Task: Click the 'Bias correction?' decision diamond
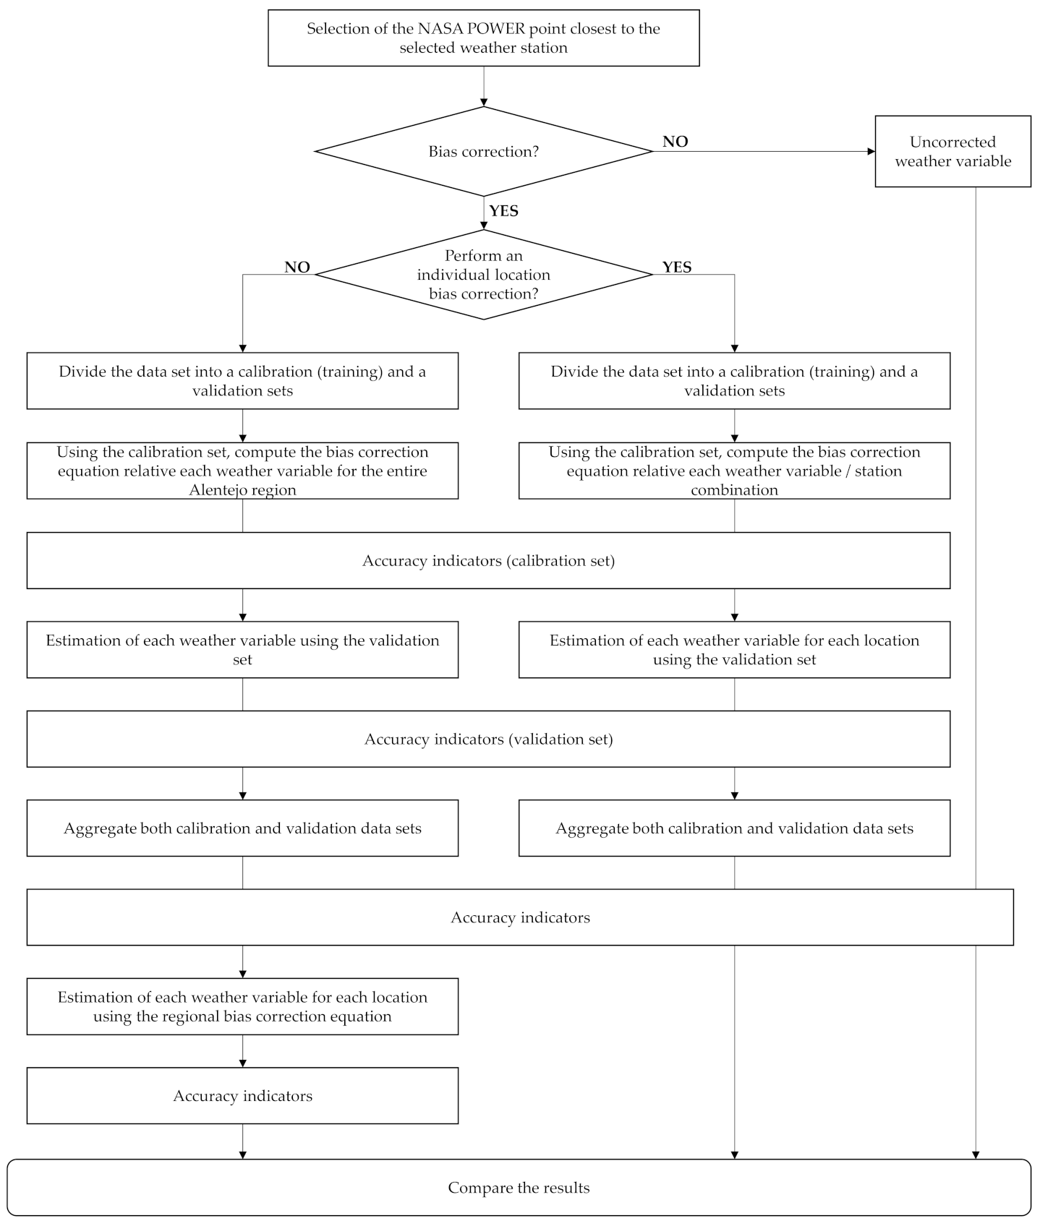[x=483, y=152]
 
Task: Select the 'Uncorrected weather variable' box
[x=952, y=152]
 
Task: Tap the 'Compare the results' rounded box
[x=519, y=1188]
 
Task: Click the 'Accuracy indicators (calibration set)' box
[x=488, y=561]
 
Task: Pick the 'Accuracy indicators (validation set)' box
[x=488, y=740]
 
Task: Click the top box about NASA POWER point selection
[x=483, y=38]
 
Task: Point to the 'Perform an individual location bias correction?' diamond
[x=483, y=275]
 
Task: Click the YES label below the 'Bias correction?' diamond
[x=503, y=211]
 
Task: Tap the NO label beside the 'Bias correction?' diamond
[x=675, y=142]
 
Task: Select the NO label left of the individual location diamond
[x=297, y=267]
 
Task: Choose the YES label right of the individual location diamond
[x=677, y=267]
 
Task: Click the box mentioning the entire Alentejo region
[x=242, y=471]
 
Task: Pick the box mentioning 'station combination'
[x=734, y=471]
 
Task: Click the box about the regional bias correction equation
[x=242, y=1007]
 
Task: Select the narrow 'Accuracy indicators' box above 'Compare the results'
[x=242, y=1096]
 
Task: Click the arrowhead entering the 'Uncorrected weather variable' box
[x=871, y=152]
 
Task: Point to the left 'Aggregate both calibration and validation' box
[x=242, y=828]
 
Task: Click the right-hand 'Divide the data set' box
[x=734, y=381]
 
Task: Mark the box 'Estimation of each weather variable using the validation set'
[x=242, y=650]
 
